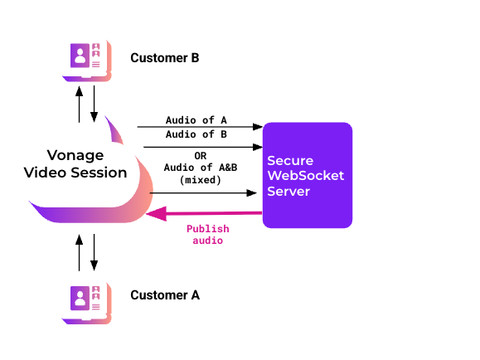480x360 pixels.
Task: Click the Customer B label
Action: [x=165, y=58]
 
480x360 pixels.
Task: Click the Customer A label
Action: [x=165, y=295]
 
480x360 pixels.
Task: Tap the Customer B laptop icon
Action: [x=87, y=61]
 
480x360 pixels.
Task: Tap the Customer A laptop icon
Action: [x=87, y=304]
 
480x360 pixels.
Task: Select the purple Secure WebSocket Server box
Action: [x=308, y=175]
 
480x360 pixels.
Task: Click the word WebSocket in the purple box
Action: [x=306, y=176]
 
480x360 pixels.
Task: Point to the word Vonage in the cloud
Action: [x=75, y=156]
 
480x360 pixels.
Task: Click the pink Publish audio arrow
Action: [x=204, y=213]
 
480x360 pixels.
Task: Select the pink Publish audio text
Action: [x=208, y=235]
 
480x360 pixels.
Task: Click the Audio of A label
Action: [x=196, y=120]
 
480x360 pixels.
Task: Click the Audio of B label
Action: [x=196, y=134]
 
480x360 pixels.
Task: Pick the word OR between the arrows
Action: [x=201, y=156]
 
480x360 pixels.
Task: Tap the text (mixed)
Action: [x=201, y=180]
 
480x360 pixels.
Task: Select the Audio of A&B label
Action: [x=201, y=168]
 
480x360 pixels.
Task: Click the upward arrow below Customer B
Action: [x=80, y=105]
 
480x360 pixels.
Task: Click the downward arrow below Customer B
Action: [x=94, y=105]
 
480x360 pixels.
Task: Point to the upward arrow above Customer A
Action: [x=80, y=253]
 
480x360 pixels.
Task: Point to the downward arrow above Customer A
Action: [x=94, y=253]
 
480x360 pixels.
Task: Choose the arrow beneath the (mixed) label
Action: [x=203, y=193]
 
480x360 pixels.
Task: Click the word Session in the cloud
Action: [x=99, y=173]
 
